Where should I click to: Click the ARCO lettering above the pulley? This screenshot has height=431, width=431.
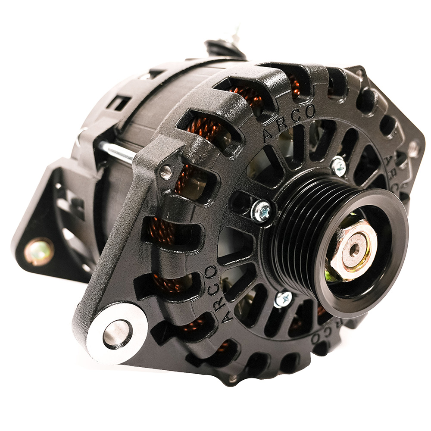pyautogui.click(x=288, y=123)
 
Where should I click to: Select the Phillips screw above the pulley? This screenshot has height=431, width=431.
pyautogui.click(x=338, y=166)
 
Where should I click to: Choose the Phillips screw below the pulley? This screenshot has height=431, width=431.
pyautogui.click(x=283, y=299)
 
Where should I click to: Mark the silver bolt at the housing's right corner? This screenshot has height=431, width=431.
pyautogui.click(x=413, y=149)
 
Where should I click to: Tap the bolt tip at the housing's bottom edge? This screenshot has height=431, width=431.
pyautogui.click(x=233, y=379)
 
